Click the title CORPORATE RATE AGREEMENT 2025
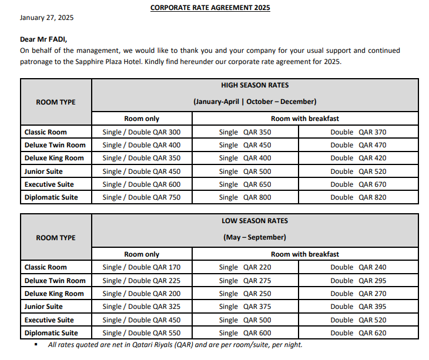(210, 8)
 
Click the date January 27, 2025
(47, 18)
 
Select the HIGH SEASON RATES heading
(255, 85)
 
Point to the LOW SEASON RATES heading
(255, 221)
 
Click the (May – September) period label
(255, 237)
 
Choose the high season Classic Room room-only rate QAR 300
(142, 132)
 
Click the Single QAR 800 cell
(245, 197)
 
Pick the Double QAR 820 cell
(358, 197)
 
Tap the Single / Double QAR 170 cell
(142, 267)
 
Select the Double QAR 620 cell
(358, 333)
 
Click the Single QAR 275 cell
(245, 281)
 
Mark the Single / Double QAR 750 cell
(142, 197)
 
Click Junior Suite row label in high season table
(44, 171)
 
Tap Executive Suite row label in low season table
(49, 320)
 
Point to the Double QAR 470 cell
(358, 145)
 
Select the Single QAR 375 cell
(245, 307)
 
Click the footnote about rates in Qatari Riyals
(175, 345)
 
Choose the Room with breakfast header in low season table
(304, 254)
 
